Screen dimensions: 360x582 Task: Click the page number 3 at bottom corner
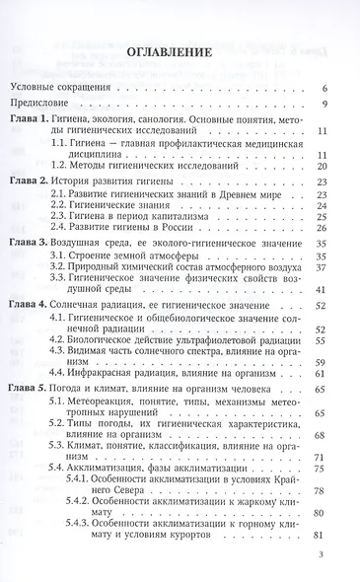click(x=322, y=554)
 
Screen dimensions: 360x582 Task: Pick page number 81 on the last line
click(x=322, y=563)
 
